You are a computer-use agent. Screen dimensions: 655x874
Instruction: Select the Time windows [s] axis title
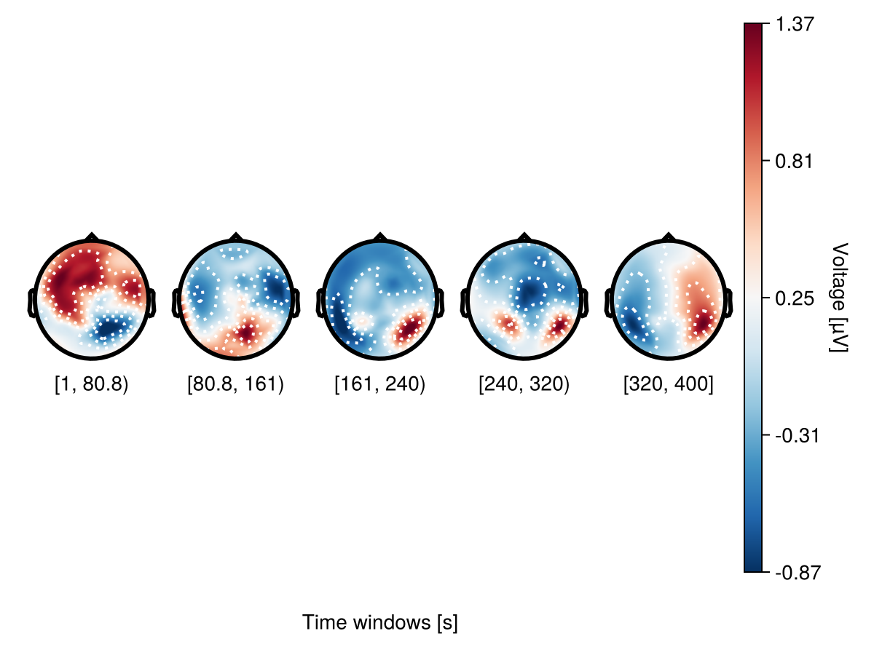380,623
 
